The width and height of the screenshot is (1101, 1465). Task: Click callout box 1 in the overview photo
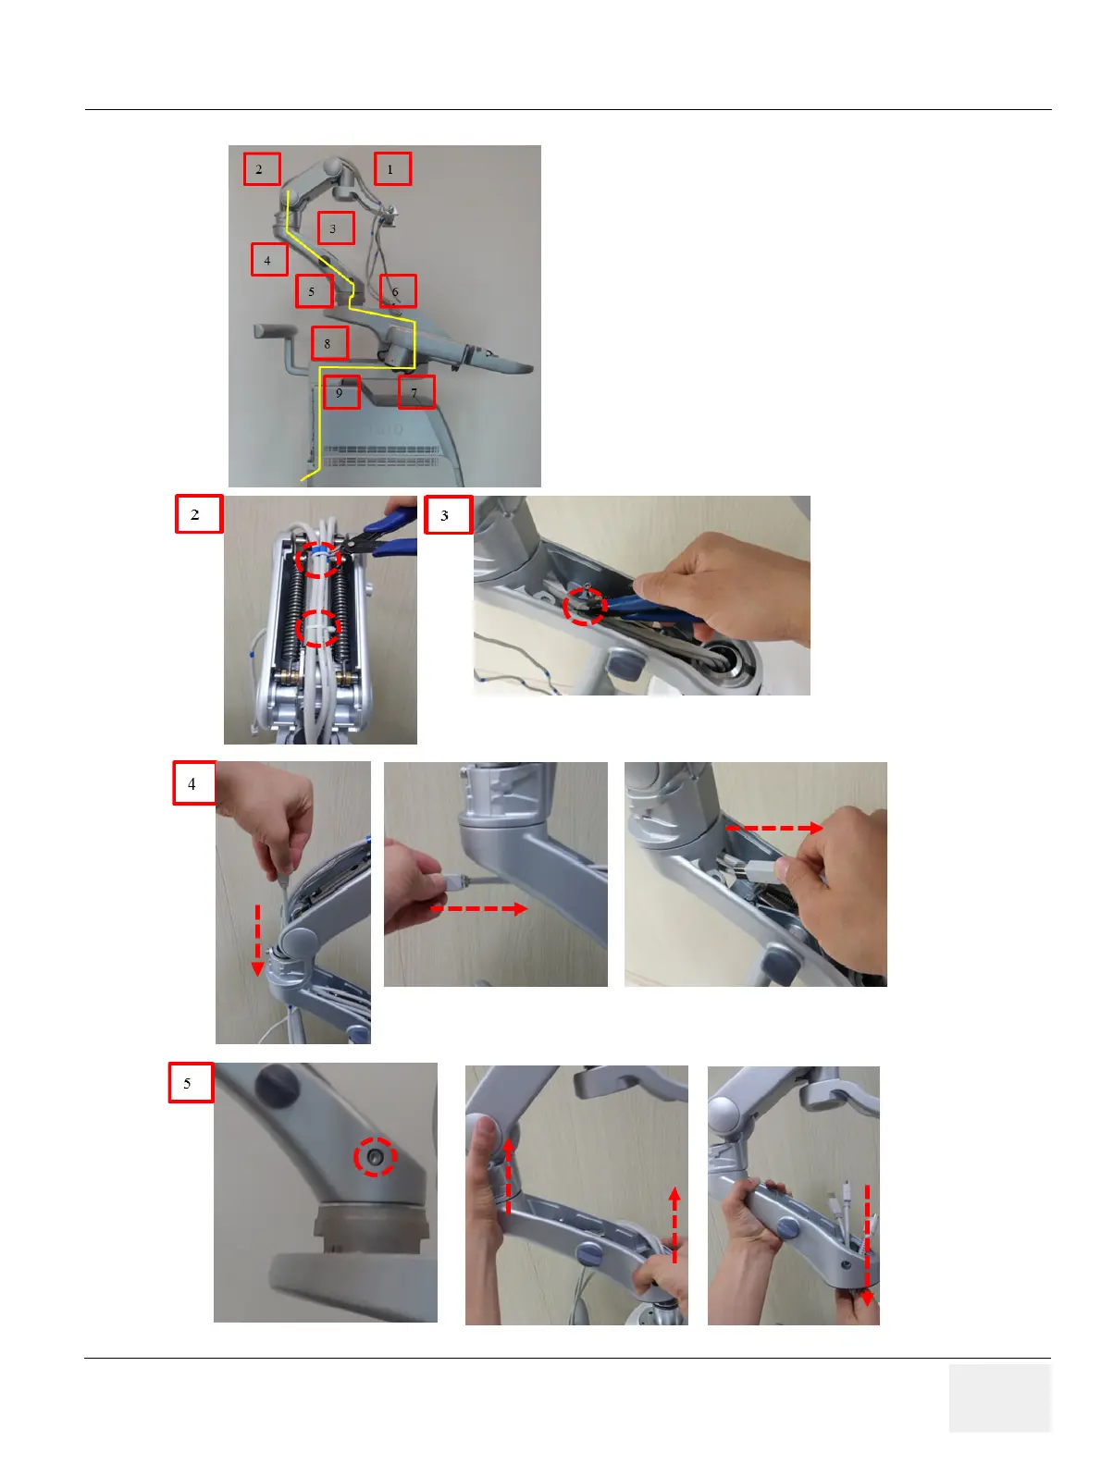[x=392, y=169]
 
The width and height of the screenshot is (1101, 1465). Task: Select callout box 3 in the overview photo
[x=335, y=228]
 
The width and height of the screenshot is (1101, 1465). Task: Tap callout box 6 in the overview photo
[x=398, y=291]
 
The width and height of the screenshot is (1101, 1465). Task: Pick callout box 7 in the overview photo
[x=416, y=392]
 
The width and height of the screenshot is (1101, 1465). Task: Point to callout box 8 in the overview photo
[x=329, y=343]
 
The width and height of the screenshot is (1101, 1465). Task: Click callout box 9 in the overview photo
[x=341, y=392]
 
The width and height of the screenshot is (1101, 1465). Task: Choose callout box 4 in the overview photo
[x=269, y=260]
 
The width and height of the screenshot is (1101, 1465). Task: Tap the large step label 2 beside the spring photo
[x=199, y=514]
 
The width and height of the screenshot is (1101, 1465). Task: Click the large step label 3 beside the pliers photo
[x=448, y=514]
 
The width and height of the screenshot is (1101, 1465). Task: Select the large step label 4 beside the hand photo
[x=194, y=782]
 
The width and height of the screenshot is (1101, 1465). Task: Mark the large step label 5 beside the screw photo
[x=191, y=1083]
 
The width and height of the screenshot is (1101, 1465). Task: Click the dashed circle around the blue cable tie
[x=318, y=560]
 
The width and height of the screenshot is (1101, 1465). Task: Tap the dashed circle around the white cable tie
[x=318, y=627]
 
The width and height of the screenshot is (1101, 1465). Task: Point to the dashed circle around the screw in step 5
[x=375, y=1157]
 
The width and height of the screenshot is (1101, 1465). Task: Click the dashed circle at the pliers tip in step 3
[x=585, y=607]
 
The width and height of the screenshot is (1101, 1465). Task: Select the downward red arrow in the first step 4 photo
[x=258, y=940]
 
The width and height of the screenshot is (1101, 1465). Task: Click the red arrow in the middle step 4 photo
[x=479, y=908]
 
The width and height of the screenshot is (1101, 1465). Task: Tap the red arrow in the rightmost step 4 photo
[x=774, y=828]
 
